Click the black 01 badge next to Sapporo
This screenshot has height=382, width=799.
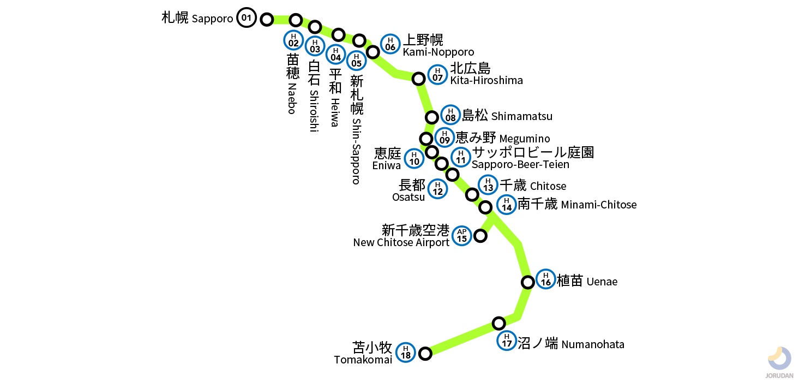pyautogui.click(x=247, y=18)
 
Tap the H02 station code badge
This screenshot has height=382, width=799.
pyautogui.click(x=293, y=40)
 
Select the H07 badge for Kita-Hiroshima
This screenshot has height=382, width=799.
pyautogui.click(x=437, y=74)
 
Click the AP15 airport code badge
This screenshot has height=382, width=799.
pyautogui.click(x=461, y=235)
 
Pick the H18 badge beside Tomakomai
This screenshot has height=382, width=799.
pyautogui.click(x=405, y=353)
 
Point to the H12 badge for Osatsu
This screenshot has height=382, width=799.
pyautogui.click(x=438, y=189)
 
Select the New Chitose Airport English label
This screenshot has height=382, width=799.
pyautogui.click(x=401, y=242)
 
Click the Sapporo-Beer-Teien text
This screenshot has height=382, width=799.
pyautogui.click(x=520, y=164)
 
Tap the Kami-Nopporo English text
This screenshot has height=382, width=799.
pyautogui.click(x=438, y=52)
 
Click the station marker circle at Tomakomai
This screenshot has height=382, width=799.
pyautogui.click(x=425, y=354)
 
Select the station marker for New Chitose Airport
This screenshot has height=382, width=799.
pyautogui.click(x=480, y=236)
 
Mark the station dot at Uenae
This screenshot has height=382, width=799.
pyautogui.click(x=527, y=282)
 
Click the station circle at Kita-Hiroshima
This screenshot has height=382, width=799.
pyautogui.click(x=419, y=79)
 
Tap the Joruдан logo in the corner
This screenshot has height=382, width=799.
pyautogui.click(x=779, y=361)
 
